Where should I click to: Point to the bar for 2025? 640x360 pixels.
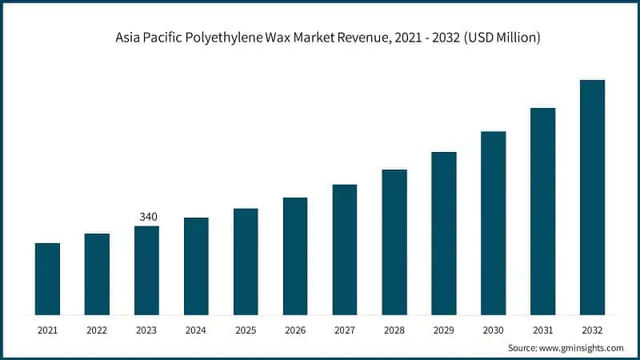click(246, 262)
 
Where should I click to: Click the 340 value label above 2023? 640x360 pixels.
click(147, 217)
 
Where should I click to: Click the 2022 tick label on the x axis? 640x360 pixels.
click(97, 330)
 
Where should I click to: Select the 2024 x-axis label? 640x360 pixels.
click(196, 330)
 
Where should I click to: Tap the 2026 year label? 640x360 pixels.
click(295, 330)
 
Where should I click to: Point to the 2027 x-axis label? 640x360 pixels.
click(345, 330)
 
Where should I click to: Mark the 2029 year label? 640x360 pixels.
click(444, 330)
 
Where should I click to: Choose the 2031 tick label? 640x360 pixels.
click(542, 330)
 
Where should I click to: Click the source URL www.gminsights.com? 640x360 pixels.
click(582, 348)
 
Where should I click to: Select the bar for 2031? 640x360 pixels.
click(542, 211)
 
